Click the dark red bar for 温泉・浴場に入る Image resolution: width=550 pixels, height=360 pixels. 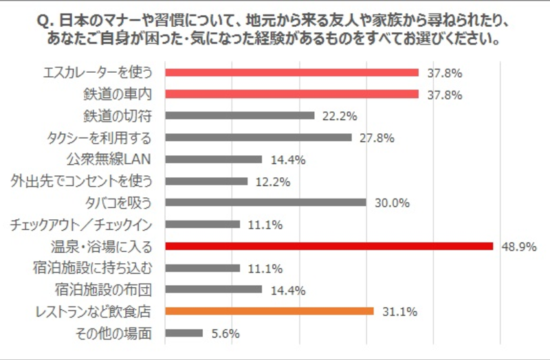[x=329, y=245]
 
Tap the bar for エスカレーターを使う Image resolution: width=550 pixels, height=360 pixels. [x=291, y=72]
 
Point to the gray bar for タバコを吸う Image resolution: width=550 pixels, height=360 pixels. [x=265, y=202]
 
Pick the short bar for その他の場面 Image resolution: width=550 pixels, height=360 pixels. [x=184, y=333]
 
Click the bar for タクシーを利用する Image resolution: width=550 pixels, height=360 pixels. [x=258, y=137]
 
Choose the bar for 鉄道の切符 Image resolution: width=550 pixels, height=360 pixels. [x=240, y=115]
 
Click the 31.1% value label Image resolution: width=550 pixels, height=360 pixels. [x=398, y=311]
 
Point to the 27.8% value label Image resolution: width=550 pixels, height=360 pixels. [x=376, y=137]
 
